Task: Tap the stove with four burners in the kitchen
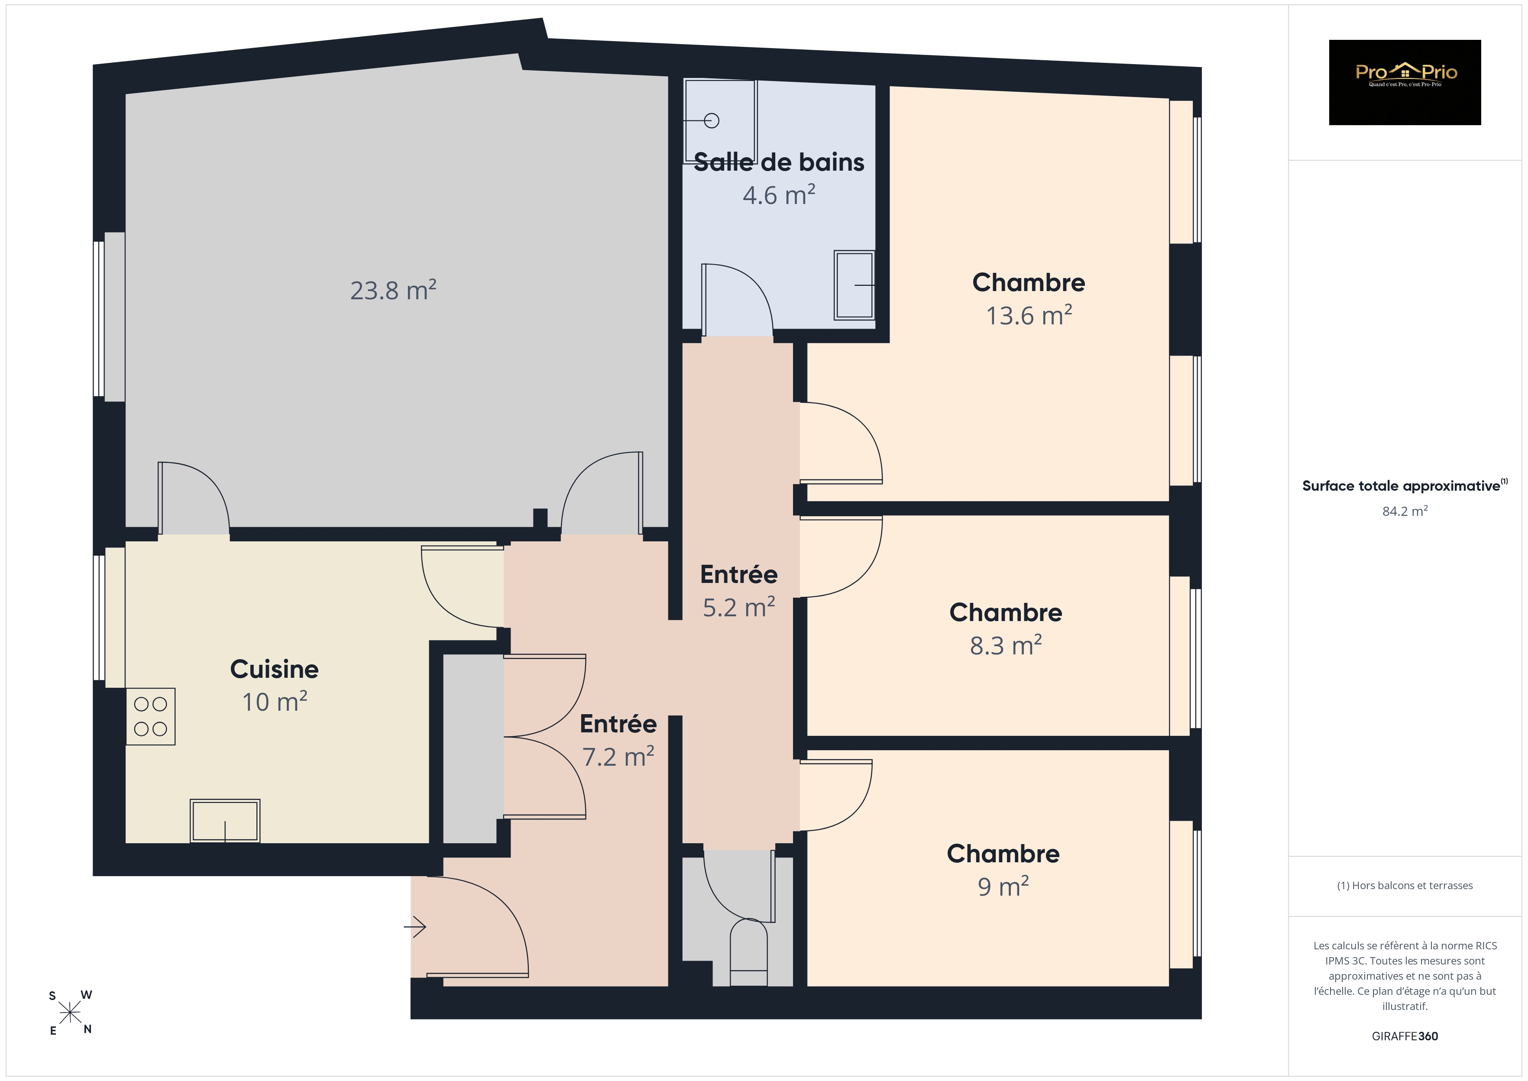[150, 716]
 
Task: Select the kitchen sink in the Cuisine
[225, 821]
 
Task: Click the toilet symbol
[749, 952]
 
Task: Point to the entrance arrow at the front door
[414, 926]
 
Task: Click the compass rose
[70, 1013]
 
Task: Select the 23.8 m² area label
[393, 290]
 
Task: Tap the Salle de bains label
[779, 162]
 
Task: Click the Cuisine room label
[274, 669]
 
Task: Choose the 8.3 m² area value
[1006, 645]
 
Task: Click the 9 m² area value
[1003, 886]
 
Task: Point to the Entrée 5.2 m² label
[739, 590]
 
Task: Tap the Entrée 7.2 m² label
[618, 740]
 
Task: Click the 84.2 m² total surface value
[1405, 511]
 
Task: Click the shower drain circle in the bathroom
[712, 120]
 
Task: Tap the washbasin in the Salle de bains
[855, 285]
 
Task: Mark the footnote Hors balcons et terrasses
[1405, 885]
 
